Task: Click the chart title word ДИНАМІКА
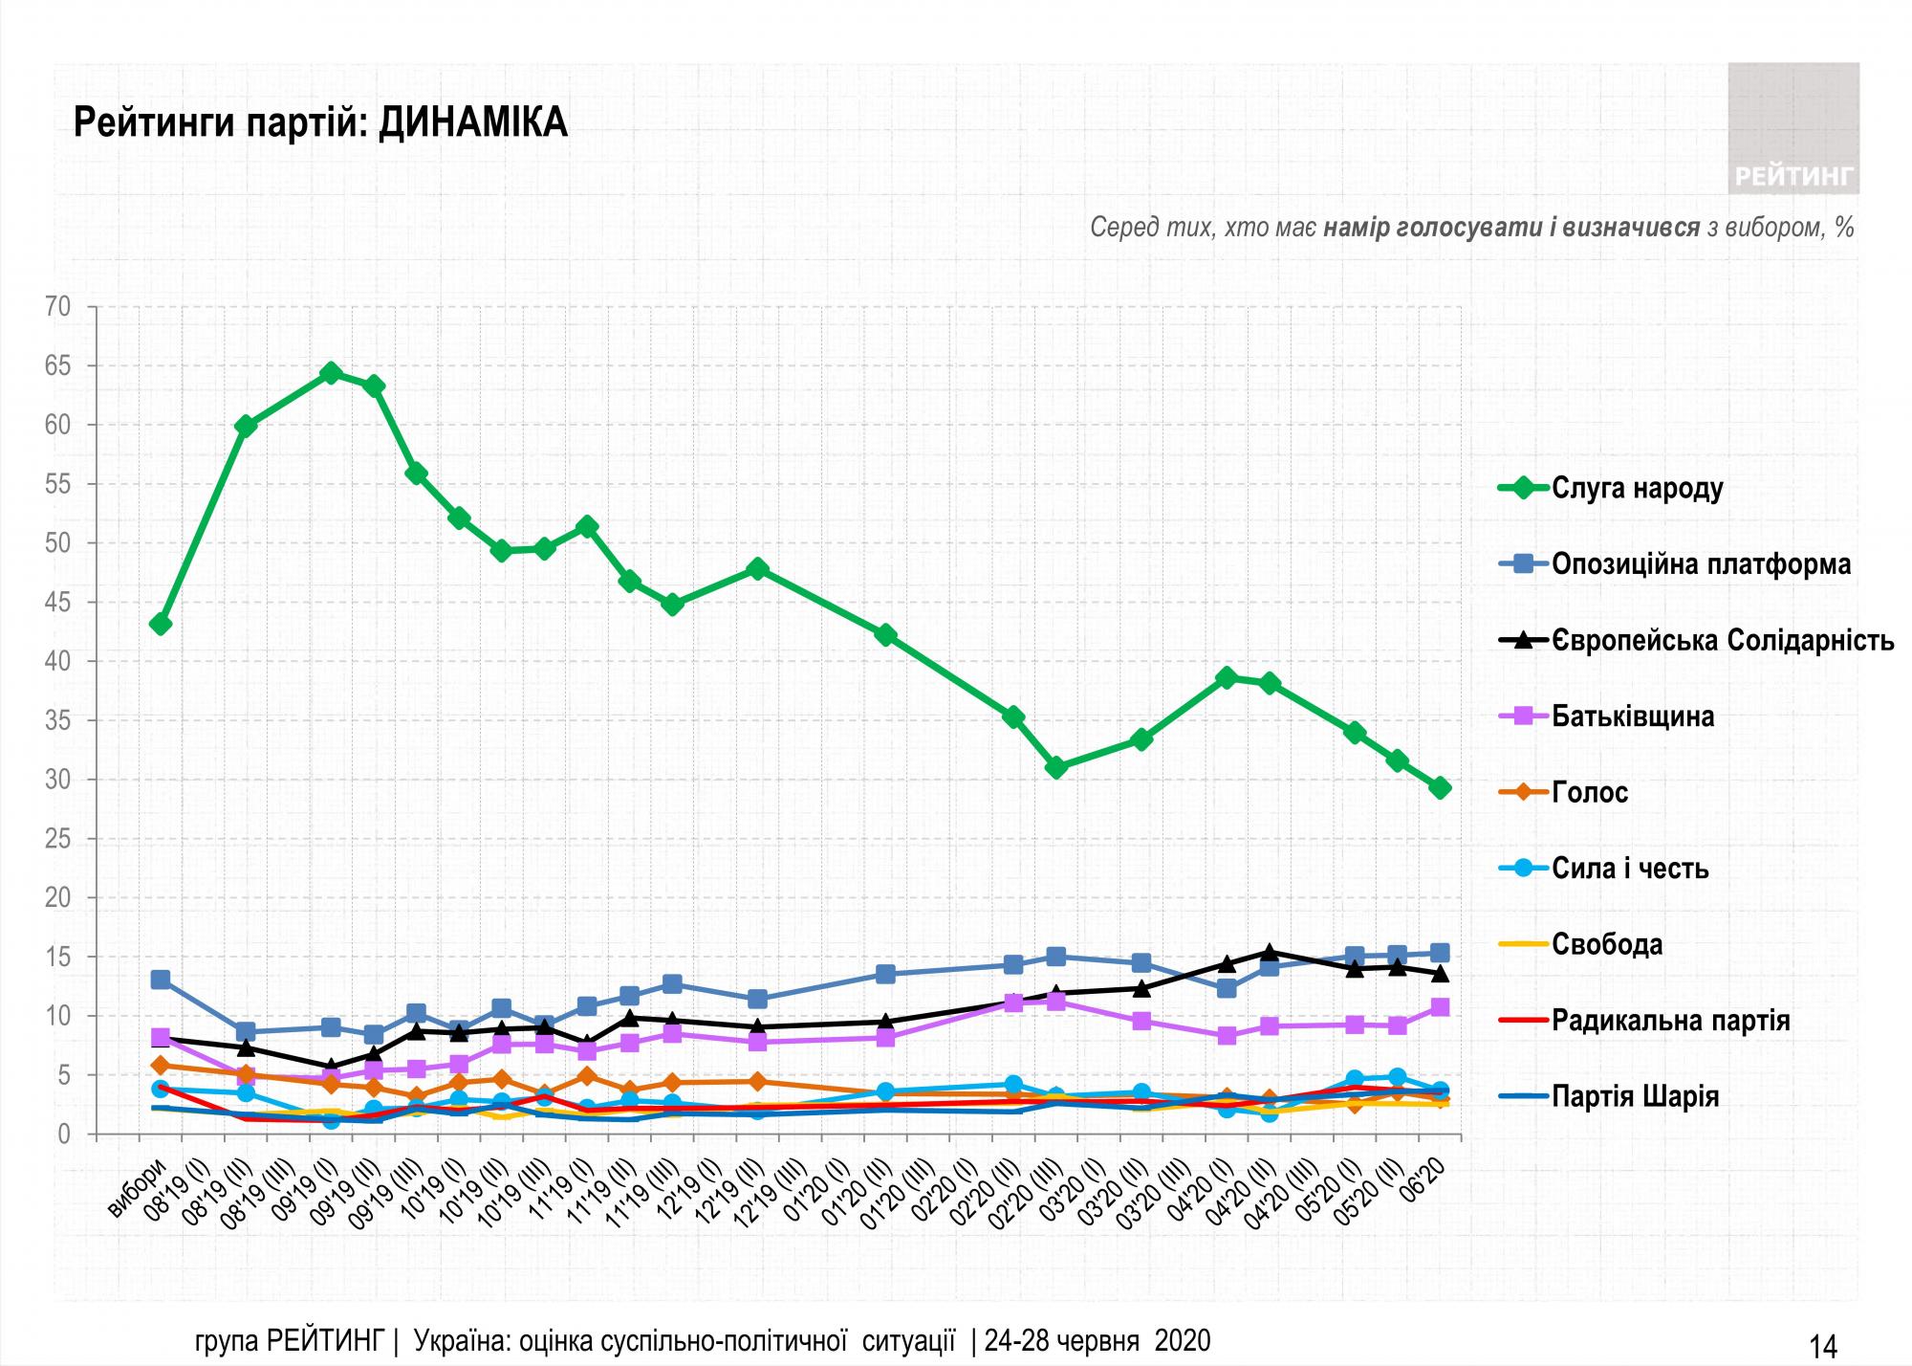tap(472, 123)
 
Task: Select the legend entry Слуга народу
tap(1637, 488)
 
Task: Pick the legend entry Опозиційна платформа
tap(1701, 564)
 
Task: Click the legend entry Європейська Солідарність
tap(1722, 640)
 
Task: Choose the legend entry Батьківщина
tap(1632, 716)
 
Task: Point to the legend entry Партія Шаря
tap(1635, 1096)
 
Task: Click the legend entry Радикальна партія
tap(1670, 1021)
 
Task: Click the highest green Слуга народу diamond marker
tap(331, 373)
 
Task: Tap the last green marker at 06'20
tap(1441, 787)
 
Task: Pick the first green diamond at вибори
tap(161, 624)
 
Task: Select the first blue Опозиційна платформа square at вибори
tap(161, 980)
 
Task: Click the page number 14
tap(1822, 1346)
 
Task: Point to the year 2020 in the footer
tap(1183, 1340)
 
